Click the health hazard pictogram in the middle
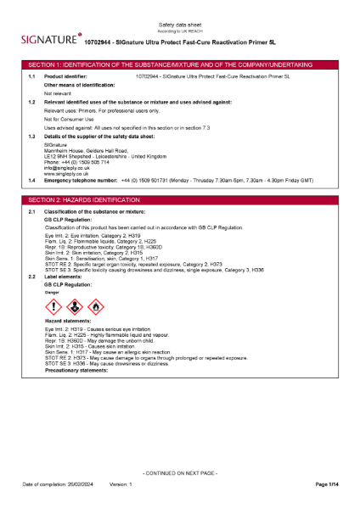click(x=74, y=305)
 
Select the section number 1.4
click(x=31, y=181)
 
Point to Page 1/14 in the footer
click(x=328, y=484)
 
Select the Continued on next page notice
click(x=180, y=472)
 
